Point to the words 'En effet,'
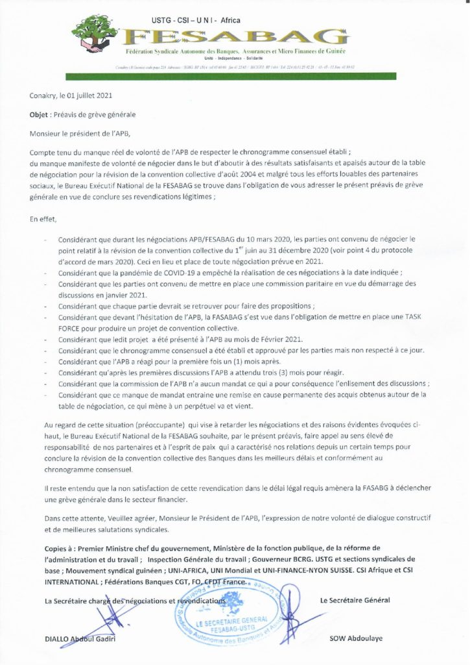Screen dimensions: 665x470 (x=44, y=220)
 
